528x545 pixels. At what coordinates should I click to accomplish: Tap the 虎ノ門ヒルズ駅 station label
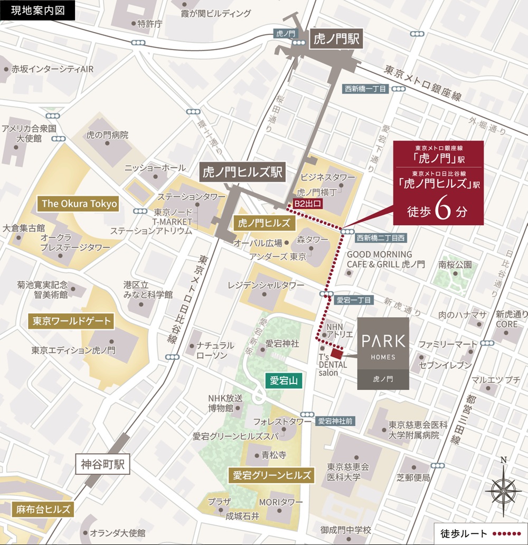point(242,172)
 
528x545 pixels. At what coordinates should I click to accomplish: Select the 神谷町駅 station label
point(103,464)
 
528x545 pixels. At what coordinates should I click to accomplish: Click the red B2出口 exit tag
point(307,203)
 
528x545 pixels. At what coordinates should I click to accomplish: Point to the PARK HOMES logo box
point(383,353)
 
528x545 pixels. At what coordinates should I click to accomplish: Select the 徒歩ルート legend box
point(478,533)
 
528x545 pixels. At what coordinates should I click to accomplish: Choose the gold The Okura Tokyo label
point(79,204)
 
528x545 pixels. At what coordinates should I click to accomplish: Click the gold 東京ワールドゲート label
point(72,321)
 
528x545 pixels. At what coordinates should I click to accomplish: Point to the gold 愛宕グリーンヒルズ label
point(271,474)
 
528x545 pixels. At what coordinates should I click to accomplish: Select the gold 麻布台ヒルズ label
point(41,510)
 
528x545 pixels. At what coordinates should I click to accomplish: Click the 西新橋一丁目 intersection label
point(366,89)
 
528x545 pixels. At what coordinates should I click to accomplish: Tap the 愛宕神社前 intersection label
point(336,421)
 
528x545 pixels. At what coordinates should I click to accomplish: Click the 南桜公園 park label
point(455,264)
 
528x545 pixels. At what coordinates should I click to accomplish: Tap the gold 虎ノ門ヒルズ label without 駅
point(265,223)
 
